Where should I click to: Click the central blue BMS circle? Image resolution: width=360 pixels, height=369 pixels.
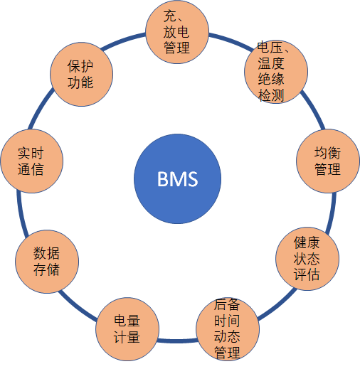[x=177, y=178]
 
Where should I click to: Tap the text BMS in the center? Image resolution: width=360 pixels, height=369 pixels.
[x=177, y=179]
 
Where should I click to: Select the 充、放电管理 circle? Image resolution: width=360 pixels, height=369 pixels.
[x=177, y=32]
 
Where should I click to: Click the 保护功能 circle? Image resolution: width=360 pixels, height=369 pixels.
[x=81, y=74]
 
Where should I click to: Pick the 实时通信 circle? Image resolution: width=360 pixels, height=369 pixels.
[x=32, y=161]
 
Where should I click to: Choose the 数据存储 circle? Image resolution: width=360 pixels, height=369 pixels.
[x=47, y=262]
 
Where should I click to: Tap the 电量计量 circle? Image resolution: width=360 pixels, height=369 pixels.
[x=127, y=329]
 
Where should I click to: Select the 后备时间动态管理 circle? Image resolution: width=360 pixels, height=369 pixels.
[x=228, y=329]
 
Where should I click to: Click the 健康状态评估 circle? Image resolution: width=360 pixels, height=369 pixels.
[x=307, y=259]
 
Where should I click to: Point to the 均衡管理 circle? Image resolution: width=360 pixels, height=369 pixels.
[x=328, y=161]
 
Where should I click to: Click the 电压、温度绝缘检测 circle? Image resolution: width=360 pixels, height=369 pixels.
[x=276, y=72]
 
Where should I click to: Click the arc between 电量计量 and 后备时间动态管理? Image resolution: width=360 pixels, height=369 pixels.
[x=177, y=341]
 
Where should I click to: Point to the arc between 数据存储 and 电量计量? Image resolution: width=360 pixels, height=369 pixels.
[x=76, y=307]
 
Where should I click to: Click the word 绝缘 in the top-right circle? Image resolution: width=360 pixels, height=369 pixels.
[x=271, y=79]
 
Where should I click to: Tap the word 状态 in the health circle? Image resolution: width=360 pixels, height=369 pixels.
[x=307, y=259]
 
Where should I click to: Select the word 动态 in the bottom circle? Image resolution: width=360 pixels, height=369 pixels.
[x=227, y=336]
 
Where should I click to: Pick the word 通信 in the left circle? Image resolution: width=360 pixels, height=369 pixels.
[x=31, y=169]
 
